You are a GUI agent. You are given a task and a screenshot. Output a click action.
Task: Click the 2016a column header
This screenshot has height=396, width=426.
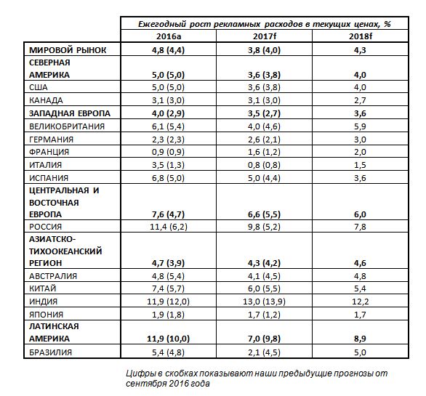pos(169,36)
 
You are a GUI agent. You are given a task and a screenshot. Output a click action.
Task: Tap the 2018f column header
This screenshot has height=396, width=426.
pos(362,36)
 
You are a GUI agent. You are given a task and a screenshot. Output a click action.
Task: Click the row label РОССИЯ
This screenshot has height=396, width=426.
pos(49,227)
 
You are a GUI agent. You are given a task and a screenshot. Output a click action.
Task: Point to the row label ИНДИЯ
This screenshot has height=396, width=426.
pos(47,302)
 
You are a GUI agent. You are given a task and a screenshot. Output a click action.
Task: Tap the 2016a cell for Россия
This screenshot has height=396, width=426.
pos(169,227)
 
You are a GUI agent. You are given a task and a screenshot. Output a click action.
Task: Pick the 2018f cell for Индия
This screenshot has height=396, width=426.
pos(362,302)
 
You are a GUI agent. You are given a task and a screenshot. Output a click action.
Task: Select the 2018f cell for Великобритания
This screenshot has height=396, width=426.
pos(362,126)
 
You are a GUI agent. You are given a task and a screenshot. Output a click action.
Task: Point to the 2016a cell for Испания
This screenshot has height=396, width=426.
pos(169,177)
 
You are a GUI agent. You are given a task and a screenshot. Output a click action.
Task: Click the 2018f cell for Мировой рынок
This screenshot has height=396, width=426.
pos(362,50)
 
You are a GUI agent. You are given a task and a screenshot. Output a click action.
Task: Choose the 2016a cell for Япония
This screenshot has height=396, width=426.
pos(169,314)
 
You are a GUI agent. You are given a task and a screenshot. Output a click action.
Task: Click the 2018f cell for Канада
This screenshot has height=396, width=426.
pos(362,100)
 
